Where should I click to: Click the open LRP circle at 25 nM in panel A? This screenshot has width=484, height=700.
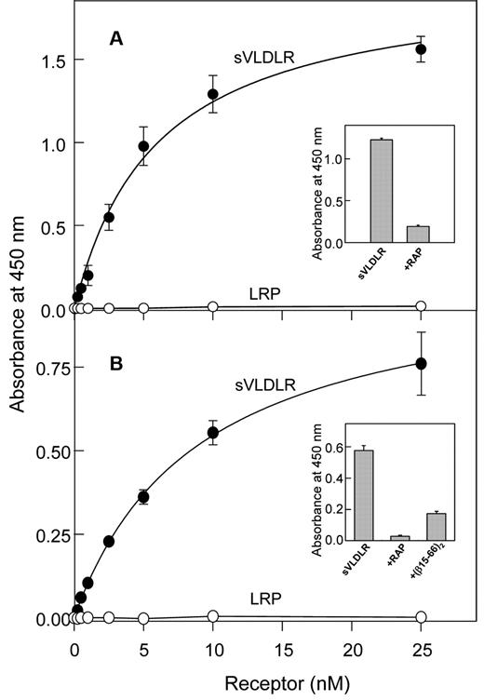421,306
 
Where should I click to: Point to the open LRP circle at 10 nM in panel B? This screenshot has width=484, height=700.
213,616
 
